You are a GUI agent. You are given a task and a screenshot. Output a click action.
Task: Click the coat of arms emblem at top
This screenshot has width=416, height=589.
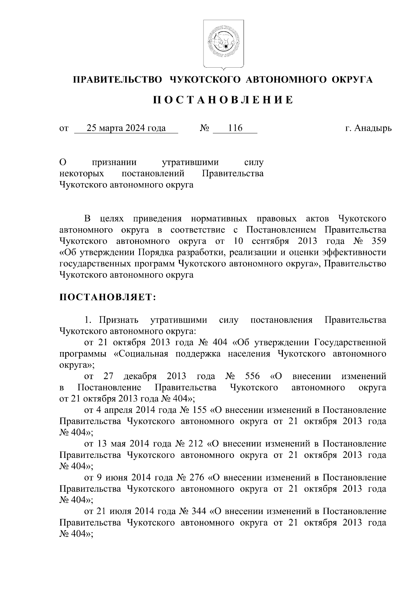click(223, 44)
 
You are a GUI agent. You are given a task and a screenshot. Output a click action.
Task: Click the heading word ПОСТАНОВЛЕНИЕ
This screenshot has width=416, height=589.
click(223, 100)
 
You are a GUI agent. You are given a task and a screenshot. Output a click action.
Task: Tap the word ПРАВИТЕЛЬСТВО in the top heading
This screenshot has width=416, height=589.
click(117, 80)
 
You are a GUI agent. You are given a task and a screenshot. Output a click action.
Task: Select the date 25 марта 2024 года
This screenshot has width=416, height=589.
click(126, 129)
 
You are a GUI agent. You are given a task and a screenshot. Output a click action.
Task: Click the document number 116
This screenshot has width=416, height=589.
click(235, 129)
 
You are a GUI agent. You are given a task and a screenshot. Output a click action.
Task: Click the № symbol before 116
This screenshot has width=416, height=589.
click(205, 129)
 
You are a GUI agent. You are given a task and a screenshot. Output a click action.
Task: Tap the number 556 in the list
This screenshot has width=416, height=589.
click(252, 376)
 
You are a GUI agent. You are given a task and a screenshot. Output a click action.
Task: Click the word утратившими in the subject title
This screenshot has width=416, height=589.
click(190, 162)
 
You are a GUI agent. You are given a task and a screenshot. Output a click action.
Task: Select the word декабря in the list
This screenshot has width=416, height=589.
click(140, 376)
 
